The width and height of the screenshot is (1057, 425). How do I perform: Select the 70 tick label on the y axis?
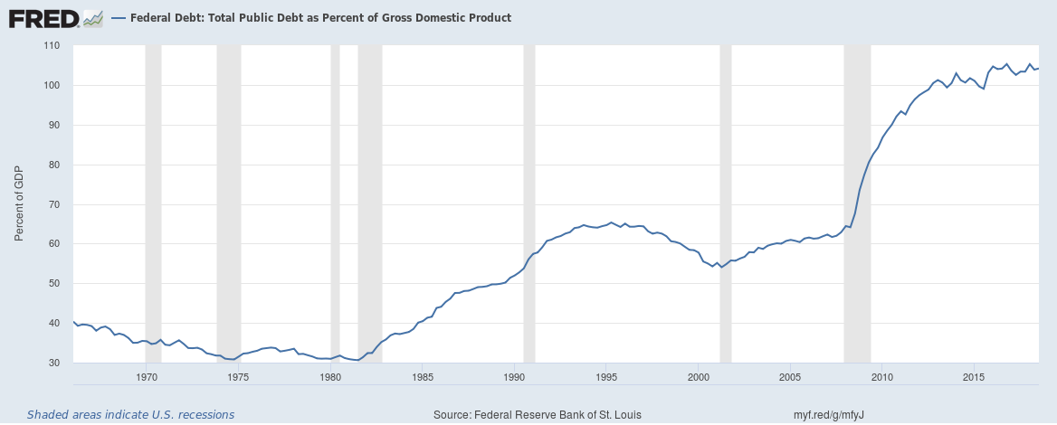point(53,204)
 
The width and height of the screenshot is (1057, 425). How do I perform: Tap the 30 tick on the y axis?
point(53,364)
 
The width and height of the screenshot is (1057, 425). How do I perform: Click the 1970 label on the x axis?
point(147,376)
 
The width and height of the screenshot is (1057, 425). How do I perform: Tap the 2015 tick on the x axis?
point(974,376)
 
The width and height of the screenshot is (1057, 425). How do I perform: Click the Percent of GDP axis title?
point(19,203)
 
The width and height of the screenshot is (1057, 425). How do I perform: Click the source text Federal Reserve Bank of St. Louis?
point(538,415)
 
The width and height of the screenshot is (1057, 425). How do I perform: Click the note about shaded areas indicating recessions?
point(130,415)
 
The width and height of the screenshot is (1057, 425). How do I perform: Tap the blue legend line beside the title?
point(119,18)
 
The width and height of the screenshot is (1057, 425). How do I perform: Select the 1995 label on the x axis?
point(606,376)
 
